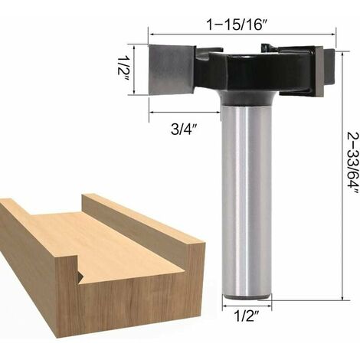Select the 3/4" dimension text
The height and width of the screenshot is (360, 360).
(185, 129)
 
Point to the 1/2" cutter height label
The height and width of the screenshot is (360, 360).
(123, 69)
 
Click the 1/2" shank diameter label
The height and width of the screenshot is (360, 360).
(247, 316)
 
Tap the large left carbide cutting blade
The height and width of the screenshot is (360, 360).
(172, 70)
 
